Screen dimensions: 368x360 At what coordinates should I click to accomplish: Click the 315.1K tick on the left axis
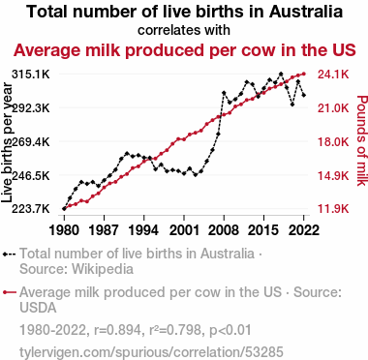[31, 75]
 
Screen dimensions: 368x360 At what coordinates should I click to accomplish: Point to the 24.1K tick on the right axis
[333, 75]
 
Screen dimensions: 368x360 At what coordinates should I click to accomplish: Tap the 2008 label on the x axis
[224, 230]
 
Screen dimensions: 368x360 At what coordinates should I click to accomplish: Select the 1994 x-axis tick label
[143, 230]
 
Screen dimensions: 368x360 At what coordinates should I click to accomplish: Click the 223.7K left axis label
[31, 209]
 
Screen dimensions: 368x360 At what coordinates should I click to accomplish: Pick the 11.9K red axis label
[333, 209]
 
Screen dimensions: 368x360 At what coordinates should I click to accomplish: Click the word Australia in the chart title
[306, 12]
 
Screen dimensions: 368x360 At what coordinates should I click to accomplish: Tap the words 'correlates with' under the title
[184, 30]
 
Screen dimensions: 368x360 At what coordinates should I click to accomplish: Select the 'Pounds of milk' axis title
[362, 140]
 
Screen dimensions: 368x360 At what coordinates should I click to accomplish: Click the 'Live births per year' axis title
[7, 142]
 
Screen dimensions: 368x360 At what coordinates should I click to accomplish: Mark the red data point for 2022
[303, 75]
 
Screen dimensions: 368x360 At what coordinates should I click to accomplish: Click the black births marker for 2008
[224, 93]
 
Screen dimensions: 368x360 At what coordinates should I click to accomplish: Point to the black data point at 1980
[64, 209]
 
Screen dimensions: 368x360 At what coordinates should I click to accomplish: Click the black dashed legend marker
[10, 255]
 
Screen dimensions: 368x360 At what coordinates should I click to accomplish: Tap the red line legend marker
[10, 292]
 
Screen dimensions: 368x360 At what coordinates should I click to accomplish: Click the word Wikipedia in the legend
[103, 269]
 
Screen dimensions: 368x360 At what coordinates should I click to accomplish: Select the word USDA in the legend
[38, 308]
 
